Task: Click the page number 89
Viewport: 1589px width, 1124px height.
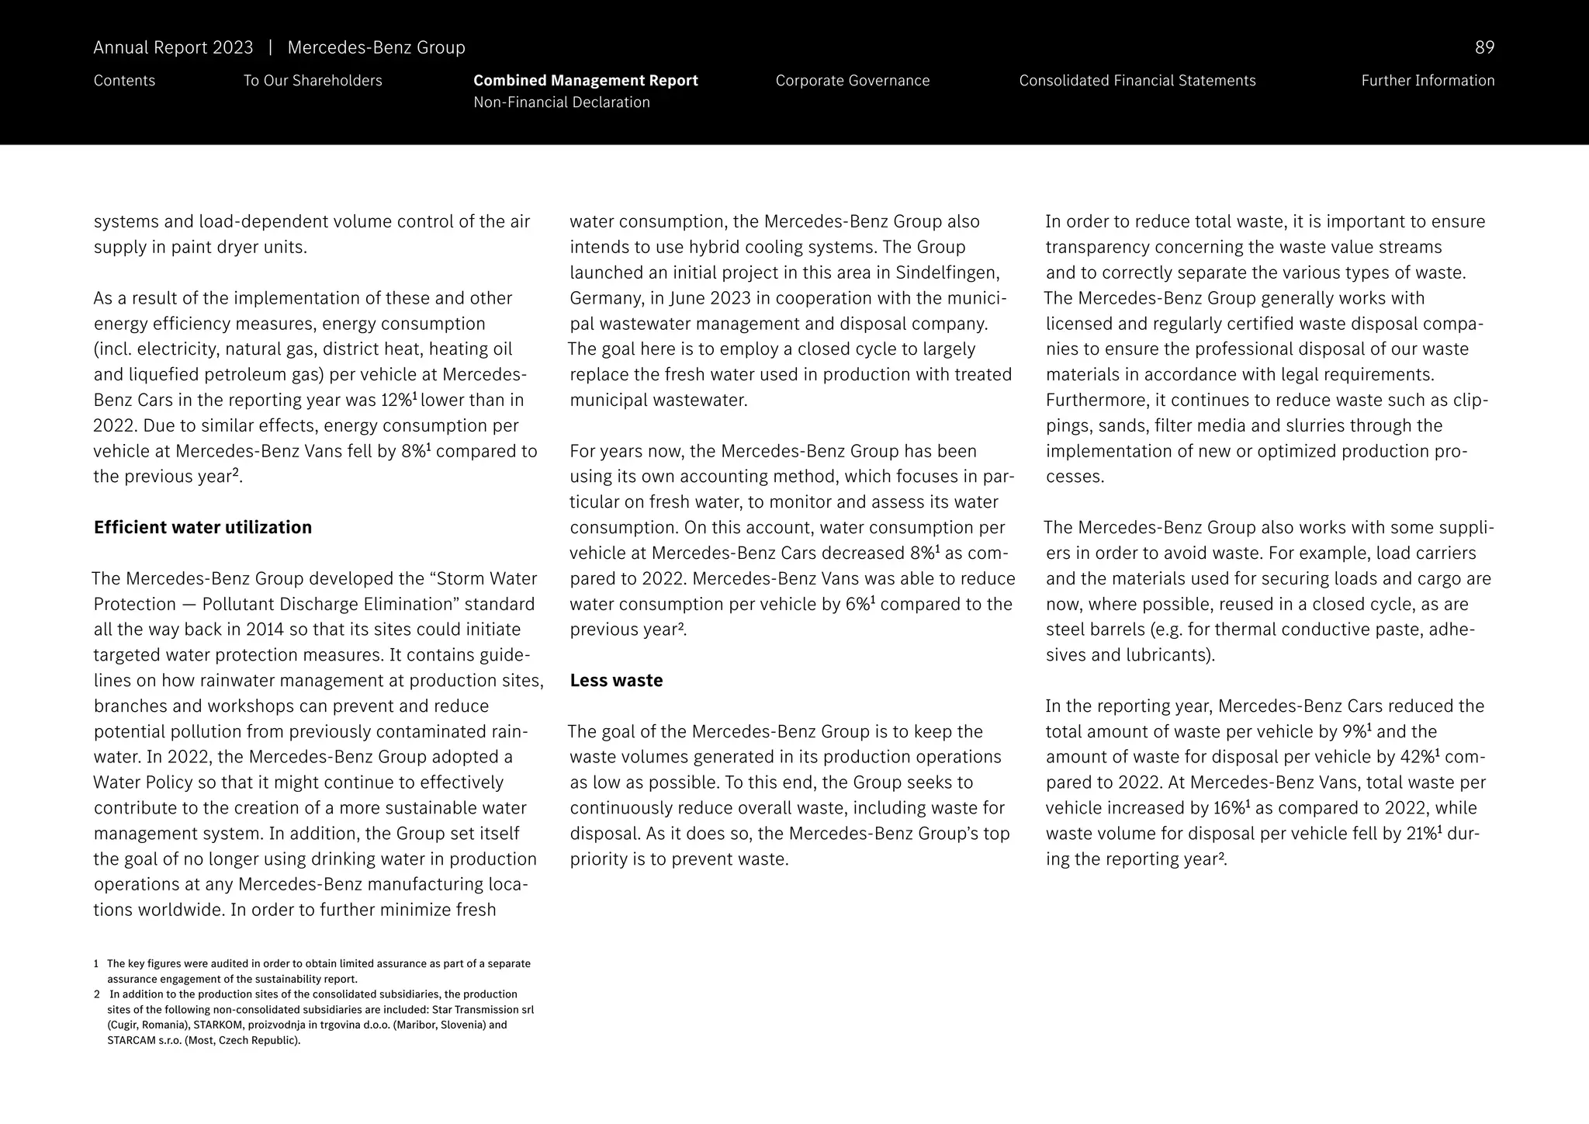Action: point(1483,47)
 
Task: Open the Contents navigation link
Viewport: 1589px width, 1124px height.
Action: point(124,81)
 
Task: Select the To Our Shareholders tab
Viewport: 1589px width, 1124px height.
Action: point(313,81)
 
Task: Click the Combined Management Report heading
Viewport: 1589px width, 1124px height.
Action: point(585,81)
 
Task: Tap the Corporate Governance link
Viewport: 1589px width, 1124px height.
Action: point(852,81)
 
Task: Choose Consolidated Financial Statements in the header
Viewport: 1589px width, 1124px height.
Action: point(1137,81)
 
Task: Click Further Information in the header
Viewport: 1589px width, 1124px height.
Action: point(1427,81)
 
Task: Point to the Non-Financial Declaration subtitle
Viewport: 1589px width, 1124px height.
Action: point(561,102)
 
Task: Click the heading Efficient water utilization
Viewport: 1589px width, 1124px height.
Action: point(203,528)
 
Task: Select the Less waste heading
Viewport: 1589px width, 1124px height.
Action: point(616,681)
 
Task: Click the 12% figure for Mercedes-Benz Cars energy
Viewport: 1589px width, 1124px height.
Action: point(396,401)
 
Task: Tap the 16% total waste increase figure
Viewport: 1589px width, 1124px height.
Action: point(1228,808)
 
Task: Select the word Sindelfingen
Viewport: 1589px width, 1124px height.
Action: point(946,273)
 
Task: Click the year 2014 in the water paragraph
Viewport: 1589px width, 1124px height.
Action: point(267,630)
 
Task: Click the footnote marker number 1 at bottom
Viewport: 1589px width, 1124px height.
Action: point(96,964)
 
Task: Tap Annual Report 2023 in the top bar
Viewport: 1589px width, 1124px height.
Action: point(173,47)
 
